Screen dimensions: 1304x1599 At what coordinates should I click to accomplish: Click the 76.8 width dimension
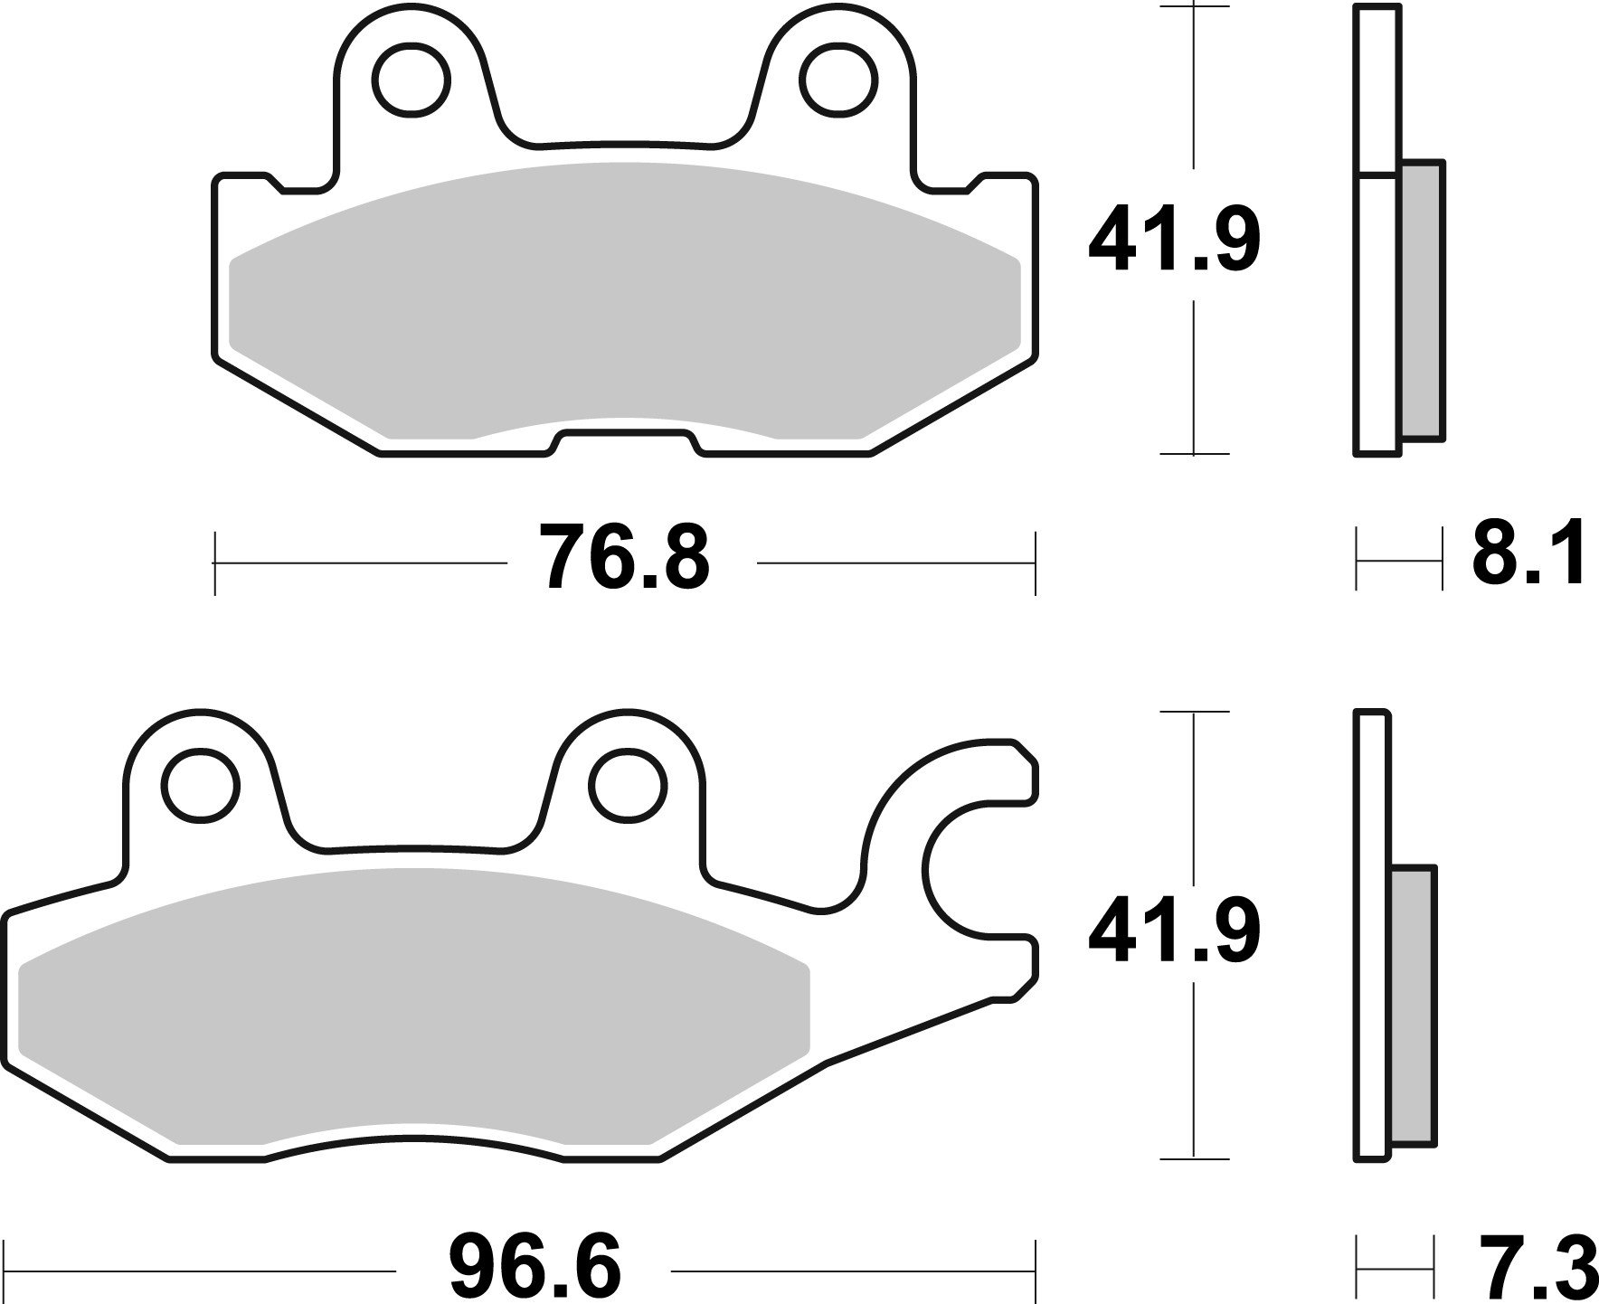pyautogui.click(x=625, y=558)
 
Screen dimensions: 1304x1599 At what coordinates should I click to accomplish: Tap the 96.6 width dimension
pyautogui.click(x=535, y=1268)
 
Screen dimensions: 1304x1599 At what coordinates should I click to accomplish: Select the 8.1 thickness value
pyautogui.click(x=1528, y=553)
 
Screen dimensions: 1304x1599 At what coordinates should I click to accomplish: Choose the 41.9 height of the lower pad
pyautogui.click(x=1174, y=931)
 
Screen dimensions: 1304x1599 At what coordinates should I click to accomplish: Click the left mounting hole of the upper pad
pyautogui.click(x=414, y=80)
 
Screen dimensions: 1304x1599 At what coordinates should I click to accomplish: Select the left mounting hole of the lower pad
pyautogui.click(x=201, y=784)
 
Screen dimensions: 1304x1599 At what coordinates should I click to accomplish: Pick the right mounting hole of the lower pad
pyautogui.click(x=627, y=784)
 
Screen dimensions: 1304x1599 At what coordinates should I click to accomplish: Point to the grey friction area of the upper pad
pyautogui.click(x=624, y=298)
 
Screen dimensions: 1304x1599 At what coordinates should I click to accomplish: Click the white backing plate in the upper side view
pyautogui.click(x=1377, y=271)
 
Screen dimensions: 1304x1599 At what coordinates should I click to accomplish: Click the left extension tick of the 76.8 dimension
pyautogui.click(x=215, y=563)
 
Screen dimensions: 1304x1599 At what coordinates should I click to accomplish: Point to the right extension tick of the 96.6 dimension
pyautogui.click(x=1035, y=1271)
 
